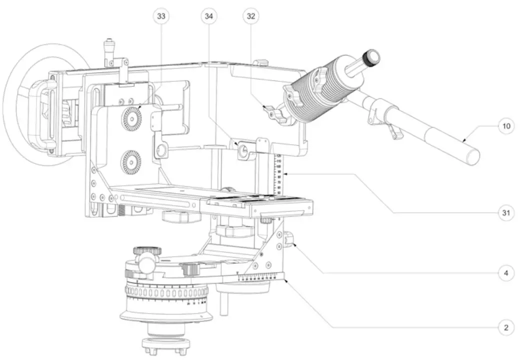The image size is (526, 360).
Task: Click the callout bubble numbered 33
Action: pos(161,16)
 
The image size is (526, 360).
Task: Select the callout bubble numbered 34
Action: pos(209,16)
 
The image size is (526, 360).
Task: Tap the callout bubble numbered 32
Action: pos(251,16)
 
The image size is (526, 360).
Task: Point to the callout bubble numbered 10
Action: pos(506,126)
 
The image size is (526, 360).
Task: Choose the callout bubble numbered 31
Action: pos(506,213)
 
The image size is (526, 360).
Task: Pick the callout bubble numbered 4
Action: pos(506,273)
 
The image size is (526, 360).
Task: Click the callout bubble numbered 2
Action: pos(506,328)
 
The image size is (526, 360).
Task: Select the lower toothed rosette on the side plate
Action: pos(131,162)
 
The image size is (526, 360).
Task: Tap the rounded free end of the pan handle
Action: pos(472,155)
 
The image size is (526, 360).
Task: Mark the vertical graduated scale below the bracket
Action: pos(278,175)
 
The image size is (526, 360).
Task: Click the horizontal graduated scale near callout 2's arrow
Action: pos(260,277)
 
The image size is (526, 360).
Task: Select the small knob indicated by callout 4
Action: pos(289,241)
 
